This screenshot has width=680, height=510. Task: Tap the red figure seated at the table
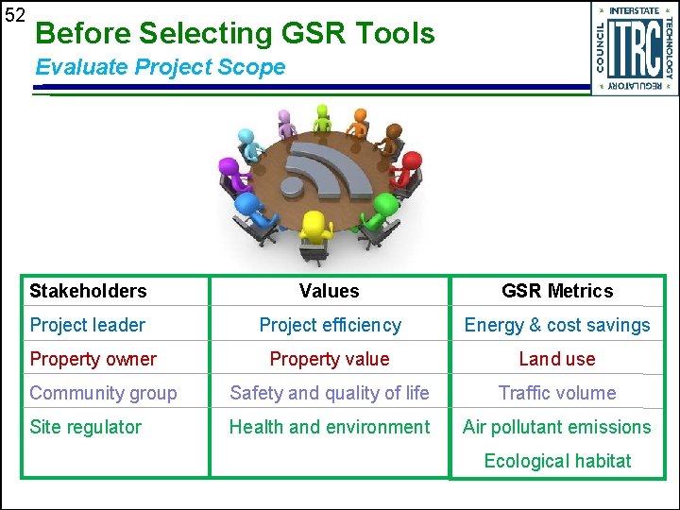(x=406, y=168)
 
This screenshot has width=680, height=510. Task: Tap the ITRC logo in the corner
(x=635, y=48)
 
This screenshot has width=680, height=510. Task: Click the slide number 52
(x=14, y=15)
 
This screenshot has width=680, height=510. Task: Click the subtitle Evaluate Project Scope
(x=160, y=67)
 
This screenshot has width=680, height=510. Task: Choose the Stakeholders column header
(x=88, y=291)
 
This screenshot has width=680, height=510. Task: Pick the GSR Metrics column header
(x=556, y=291)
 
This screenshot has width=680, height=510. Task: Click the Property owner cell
(x=93, y=359)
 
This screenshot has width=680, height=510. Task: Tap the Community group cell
(x=103, y=393)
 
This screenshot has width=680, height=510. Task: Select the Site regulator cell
(x=85, y=427)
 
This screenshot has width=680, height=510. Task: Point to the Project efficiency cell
(x=330, y=325)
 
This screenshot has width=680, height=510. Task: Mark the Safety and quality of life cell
(x=330, y=393)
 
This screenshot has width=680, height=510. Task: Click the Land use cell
(x=556, y=359)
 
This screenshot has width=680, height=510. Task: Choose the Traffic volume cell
(x=556, y=393)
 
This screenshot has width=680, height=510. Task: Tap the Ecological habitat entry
(x=556, y=461)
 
